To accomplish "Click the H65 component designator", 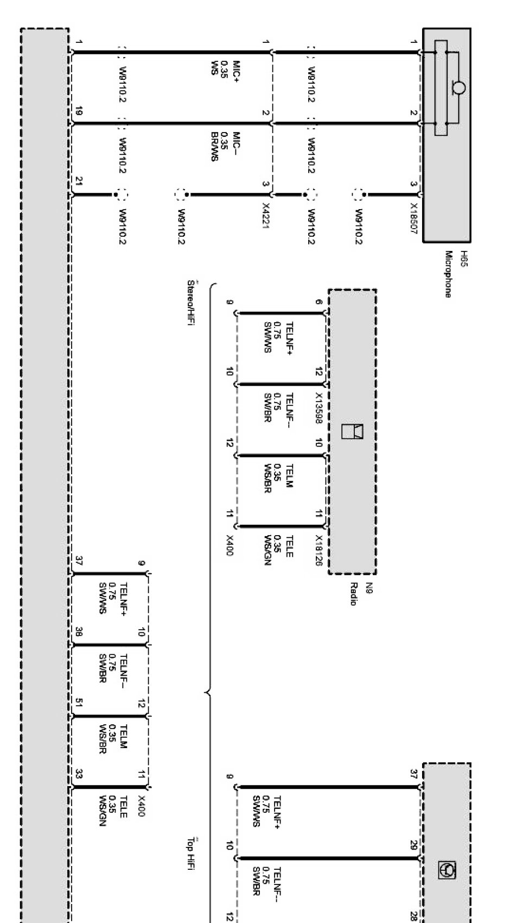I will click(x=463, y=256).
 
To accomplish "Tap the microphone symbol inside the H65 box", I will click(x=457, y=86).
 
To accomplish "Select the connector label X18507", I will click(x=413, y=218).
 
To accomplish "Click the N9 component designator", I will click(x=369, y=587).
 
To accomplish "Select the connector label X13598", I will click(x=319, y=407).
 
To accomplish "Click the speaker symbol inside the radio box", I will click(x=352, y=430).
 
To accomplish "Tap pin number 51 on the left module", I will click(x=79, y=705).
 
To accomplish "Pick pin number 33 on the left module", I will click(x=79, y=775).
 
